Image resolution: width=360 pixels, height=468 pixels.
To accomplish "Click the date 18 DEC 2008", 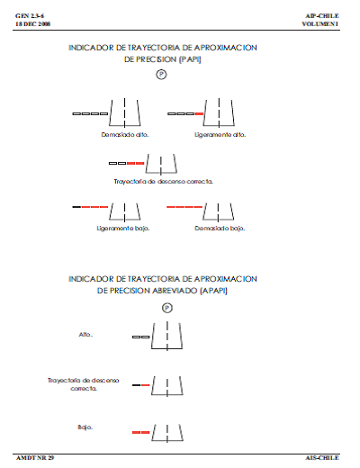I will [x=30, y=24].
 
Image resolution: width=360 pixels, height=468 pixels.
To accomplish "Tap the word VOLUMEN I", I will [x=321, y=24].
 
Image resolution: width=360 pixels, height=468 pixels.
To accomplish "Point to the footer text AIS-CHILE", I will [x=323, y=458].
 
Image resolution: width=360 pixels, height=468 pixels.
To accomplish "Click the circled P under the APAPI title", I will [x=166, y=307].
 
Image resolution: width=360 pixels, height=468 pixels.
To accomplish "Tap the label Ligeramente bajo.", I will [x=123, y=228].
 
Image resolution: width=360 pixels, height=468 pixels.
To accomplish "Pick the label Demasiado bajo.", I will [x=220, y=228].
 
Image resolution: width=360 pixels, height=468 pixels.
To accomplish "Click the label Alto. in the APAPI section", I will [x=86, y=334].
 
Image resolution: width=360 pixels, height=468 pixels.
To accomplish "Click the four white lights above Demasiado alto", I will [x=89, y=114].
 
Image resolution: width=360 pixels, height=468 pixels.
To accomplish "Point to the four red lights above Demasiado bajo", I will [x=184, y=207].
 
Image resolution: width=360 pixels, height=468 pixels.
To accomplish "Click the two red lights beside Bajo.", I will [x=140, y=433].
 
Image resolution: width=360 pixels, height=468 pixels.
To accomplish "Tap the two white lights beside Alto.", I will [x=140, y=337].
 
